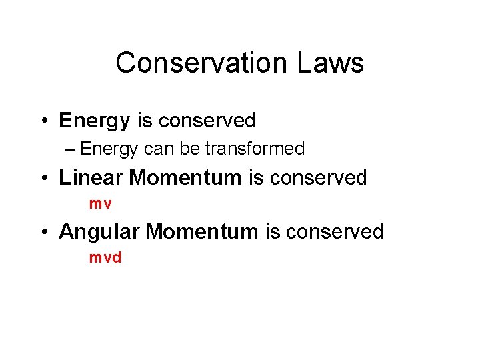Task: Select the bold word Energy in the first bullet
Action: (x=95, y=121)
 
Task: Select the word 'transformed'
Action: (x=255, y=148)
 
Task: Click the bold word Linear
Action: (x=91, y=177)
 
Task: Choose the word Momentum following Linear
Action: (x=185, y=177)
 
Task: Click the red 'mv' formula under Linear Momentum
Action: (x=101, y=204)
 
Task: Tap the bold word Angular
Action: (x=99, y=231)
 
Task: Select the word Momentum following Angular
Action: (x=202, y=231)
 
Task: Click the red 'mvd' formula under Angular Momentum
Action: (x=105, y=257)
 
